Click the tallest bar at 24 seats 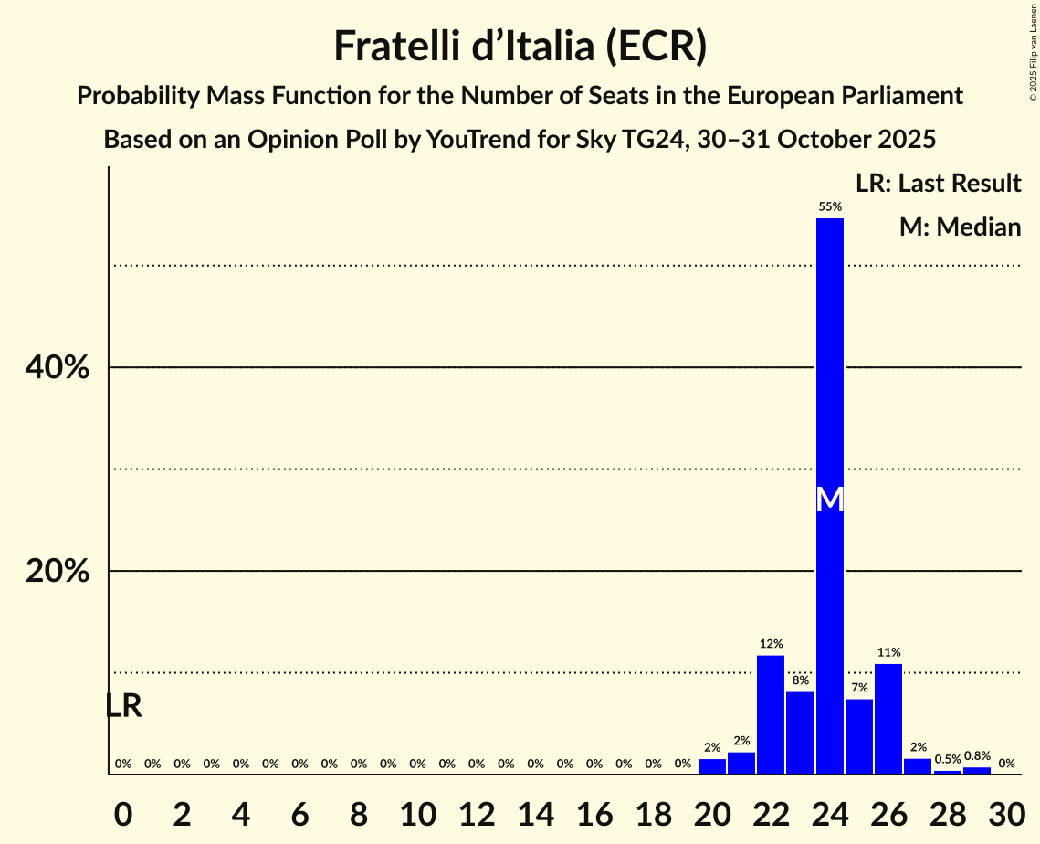click(x=829, y=365)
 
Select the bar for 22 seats click(x=771, y=715)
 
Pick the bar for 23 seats click(x=800, y=733)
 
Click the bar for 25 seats click(x=859, y=736)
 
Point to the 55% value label click(x=829, y=207)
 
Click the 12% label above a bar click(x=771, y=644)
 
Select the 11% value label click(x=888, y=652)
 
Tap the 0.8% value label click(x=977, y=756)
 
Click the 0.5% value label click(x=947, y=760)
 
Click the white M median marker click(x=829, y=500)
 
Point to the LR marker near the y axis click(x=123, y=706)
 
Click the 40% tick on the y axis click(x=57, y=368)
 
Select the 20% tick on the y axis click(x=57, y=572)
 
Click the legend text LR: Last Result click(x=938, y=184)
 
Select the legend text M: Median click(x=960, y=227)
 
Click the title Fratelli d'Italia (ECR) click(x=520, y=47)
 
